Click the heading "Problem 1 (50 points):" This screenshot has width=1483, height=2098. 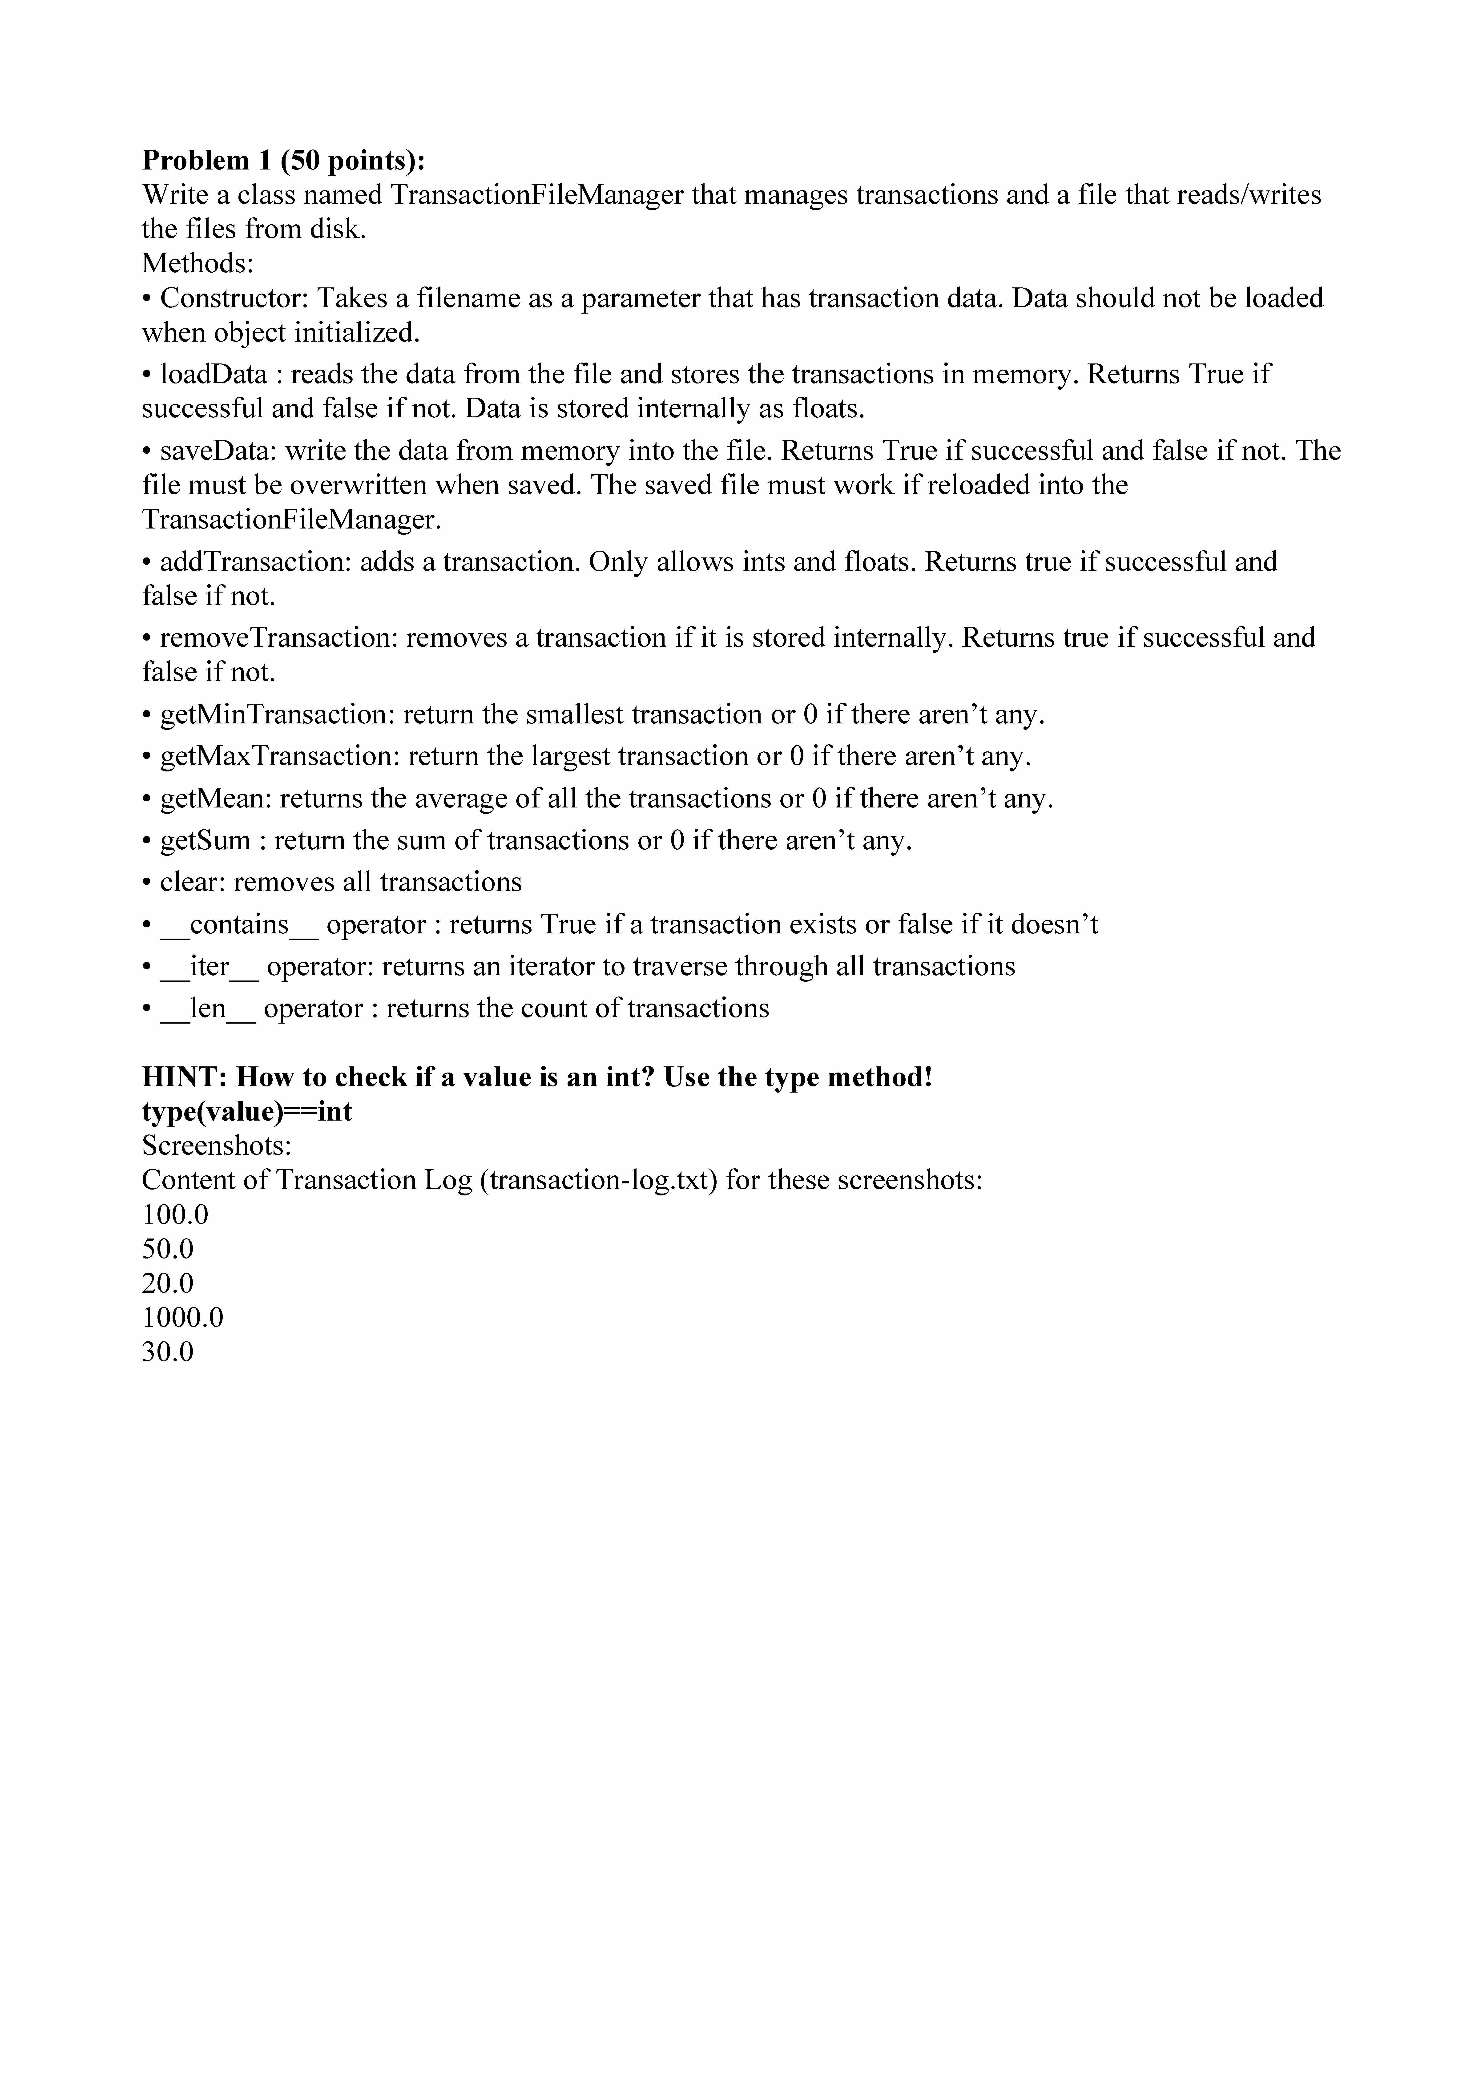coord(283,161)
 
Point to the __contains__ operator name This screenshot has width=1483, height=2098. coord(239,925)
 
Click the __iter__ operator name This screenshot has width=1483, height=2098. coord(209,967)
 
